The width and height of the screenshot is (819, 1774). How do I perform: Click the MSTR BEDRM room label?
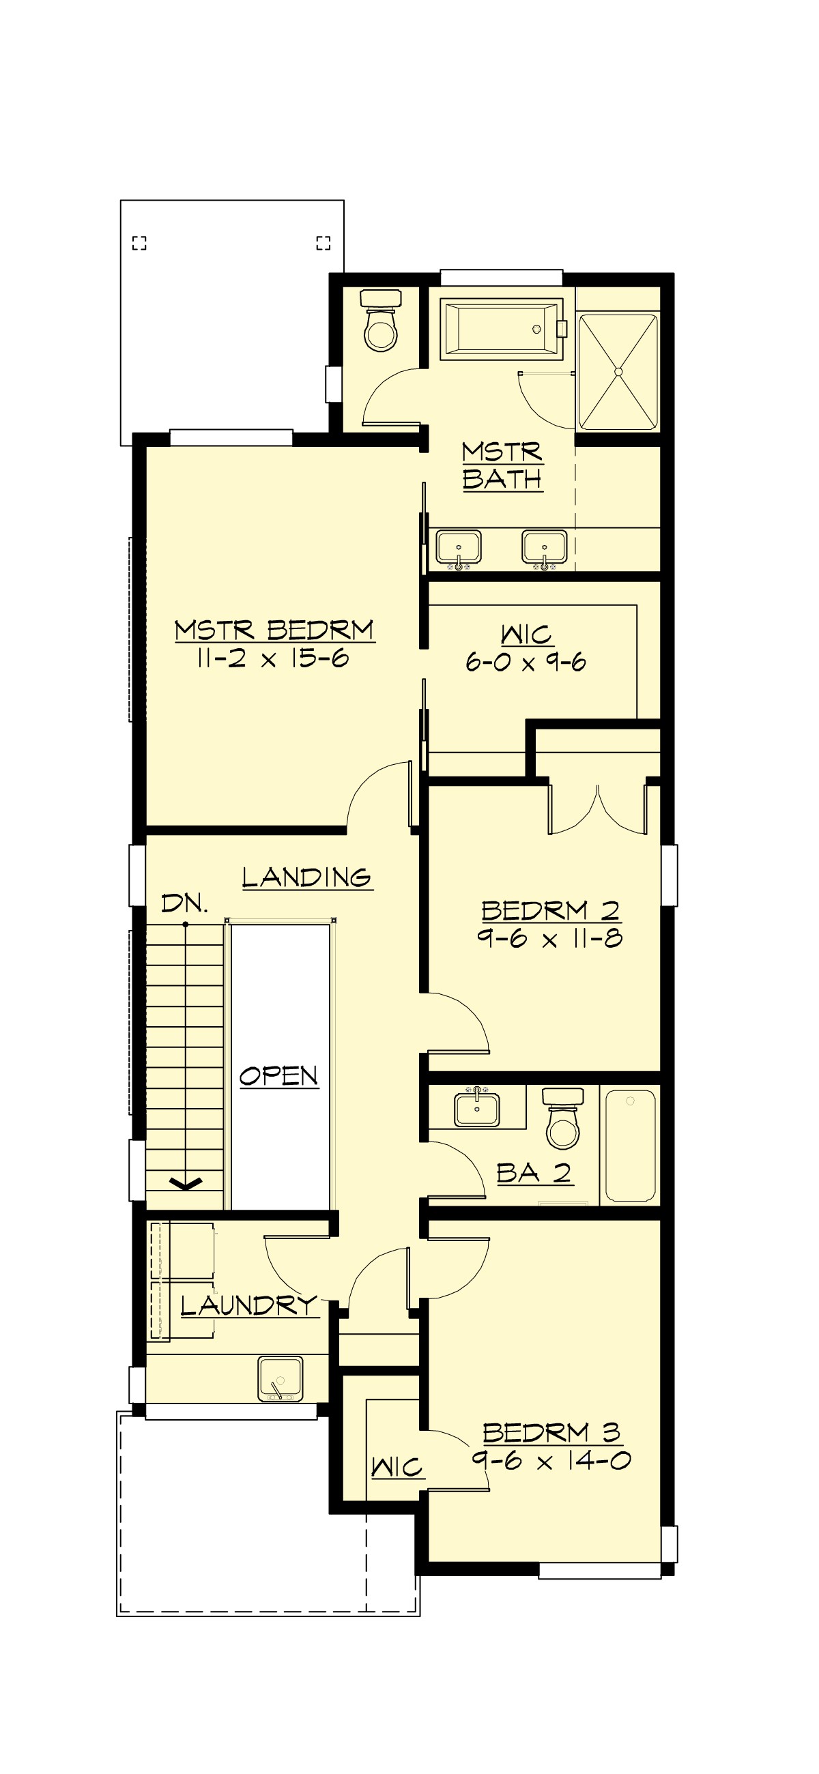point(274,630)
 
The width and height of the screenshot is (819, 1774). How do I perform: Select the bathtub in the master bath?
point(502,329)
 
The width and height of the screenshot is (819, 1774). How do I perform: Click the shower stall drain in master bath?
point(618,372)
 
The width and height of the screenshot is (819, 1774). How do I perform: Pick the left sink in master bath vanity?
point(458,548)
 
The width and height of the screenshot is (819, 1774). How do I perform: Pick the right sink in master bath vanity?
point(544,548)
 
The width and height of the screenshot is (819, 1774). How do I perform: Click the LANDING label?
point(306,877)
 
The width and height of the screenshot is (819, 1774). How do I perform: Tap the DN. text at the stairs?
point(184,903)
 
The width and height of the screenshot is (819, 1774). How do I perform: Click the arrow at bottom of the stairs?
point(185,1183)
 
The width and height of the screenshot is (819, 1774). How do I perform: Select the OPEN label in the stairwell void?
point(279,1076)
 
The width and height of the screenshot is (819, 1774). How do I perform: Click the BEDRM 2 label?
point(550,910)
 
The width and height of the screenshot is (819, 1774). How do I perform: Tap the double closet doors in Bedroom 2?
point(597,810)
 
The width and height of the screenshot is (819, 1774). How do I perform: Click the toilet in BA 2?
point(563,1119)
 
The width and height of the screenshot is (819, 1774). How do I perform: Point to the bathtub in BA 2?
point(629,1144)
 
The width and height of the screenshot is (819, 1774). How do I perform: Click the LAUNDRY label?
point(248,1305)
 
